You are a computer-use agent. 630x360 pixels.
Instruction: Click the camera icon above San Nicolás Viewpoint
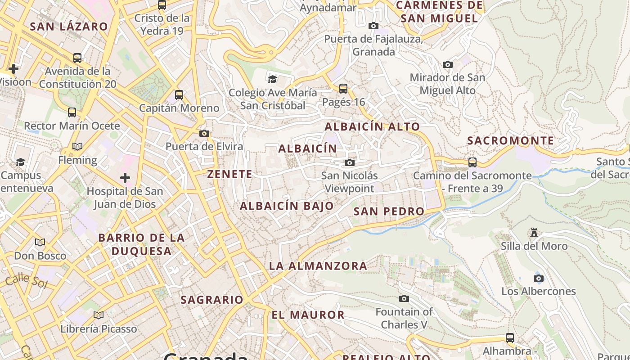tap(350, 162)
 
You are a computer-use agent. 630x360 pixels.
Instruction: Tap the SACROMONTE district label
tap(510, 141)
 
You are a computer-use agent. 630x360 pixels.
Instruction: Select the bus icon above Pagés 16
tap(343, 88)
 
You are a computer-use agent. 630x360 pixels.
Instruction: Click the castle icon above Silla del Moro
tap(534, 233)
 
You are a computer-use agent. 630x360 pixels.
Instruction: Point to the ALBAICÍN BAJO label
tap(287, 206)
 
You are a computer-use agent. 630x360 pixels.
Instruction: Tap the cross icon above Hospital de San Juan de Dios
tap(125, 178)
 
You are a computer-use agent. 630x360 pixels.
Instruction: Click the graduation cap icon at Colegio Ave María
tap(272, 79)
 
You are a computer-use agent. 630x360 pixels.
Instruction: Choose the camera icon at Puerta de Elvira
tap(204, 133)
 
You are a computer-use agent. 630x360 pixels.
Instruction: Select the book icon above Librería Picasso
tap(99, 315)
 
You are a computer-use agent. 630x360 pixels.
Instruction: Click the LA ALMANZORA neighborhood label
tap(318, 266)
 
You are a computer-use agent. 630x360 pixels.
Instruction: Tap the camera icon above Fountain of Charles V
tap(404, 298)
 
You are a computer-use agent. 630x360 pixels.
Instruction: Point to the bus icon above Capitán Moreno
tap(179, 95)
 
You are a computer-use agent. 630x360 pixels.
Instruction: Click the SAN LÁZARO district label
tap(69, 27)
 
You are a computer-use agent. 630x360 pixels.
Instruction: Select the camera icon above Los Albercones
tap(538, 278)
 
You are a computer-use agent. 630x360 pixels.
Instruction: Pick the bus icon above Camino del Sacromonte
tap(472, 162)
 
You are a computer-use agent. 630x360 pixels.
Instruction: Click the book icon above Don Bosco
tap(40, 242)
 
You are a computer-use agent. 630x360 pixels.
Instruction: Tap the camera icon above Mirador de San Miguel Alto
tap(447, 64)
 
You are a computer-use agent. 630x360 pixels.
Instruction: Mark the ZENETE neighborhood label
tap(229, 174)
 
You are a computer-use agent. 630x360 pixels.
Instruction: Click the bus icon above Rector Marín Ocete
tap(72, 112)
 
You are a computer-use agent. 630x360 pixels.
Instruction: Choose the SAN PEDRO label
tap(389, 211)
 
